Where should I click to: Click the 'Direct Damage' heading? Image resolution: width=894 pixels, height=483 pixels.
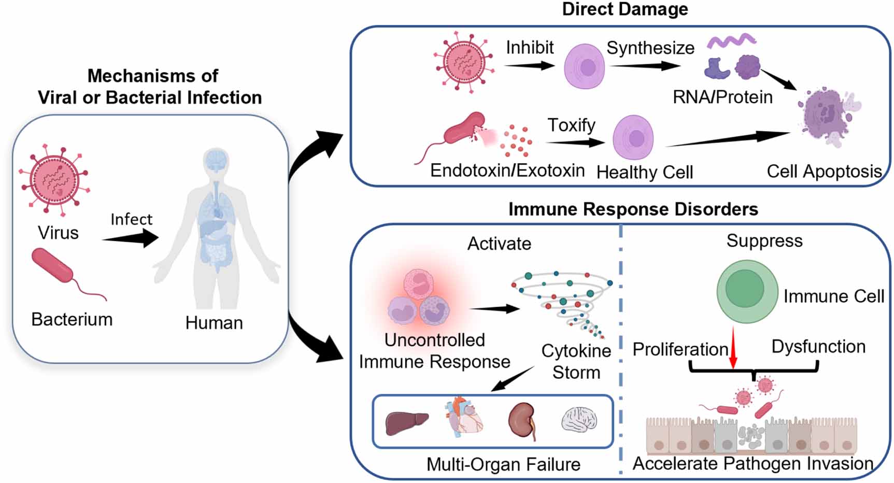pyautogui.click(x=625, y=9)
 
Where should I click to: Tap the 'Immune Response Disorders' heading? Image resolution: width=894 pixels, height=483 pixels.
pyautogui.click(x=633, y=209)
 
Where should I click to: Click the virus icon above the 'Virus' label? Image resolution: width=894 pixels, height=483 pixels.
pyautogui.click(x=54, y=179)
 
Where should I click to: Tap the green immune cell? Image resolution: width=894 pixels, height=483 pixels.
pyautogui.click(x=747, y=291)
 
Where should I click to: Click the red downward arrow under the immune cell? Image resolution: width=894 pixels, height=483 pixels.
pyautogui.click(x=733, y=347)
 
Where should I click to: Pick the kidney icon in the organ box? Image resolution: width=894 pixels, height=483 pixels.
pyautogui.click(x=521, y=421)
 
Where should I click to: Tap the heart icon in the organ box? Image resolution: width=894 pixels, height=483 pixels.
pyautogui.click(x=465, y=417)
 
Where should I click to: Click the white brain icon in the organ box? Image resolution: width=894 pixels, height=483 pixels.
pyautogui.click(x=579, y=420)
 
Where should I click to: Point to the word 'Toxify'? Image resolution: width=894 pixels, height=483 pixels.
pyautogui.click(x=571, y=125)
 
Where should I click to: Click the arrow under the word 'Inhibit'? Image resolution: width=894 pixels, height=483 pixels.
pyautogui.click(x=529, y=66)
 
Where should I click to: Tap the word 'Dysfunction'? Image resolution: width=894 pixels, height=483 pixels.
pyautogui.click(x=818, y=346)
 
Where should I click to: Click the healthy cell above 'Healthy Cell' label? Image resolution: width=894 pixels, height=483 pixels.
pyautogui.click(x=633, y=138)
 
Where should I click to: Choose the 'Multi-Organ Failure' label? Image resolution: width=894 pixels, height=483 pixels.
pyautogui.click(x=503, y=464)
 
